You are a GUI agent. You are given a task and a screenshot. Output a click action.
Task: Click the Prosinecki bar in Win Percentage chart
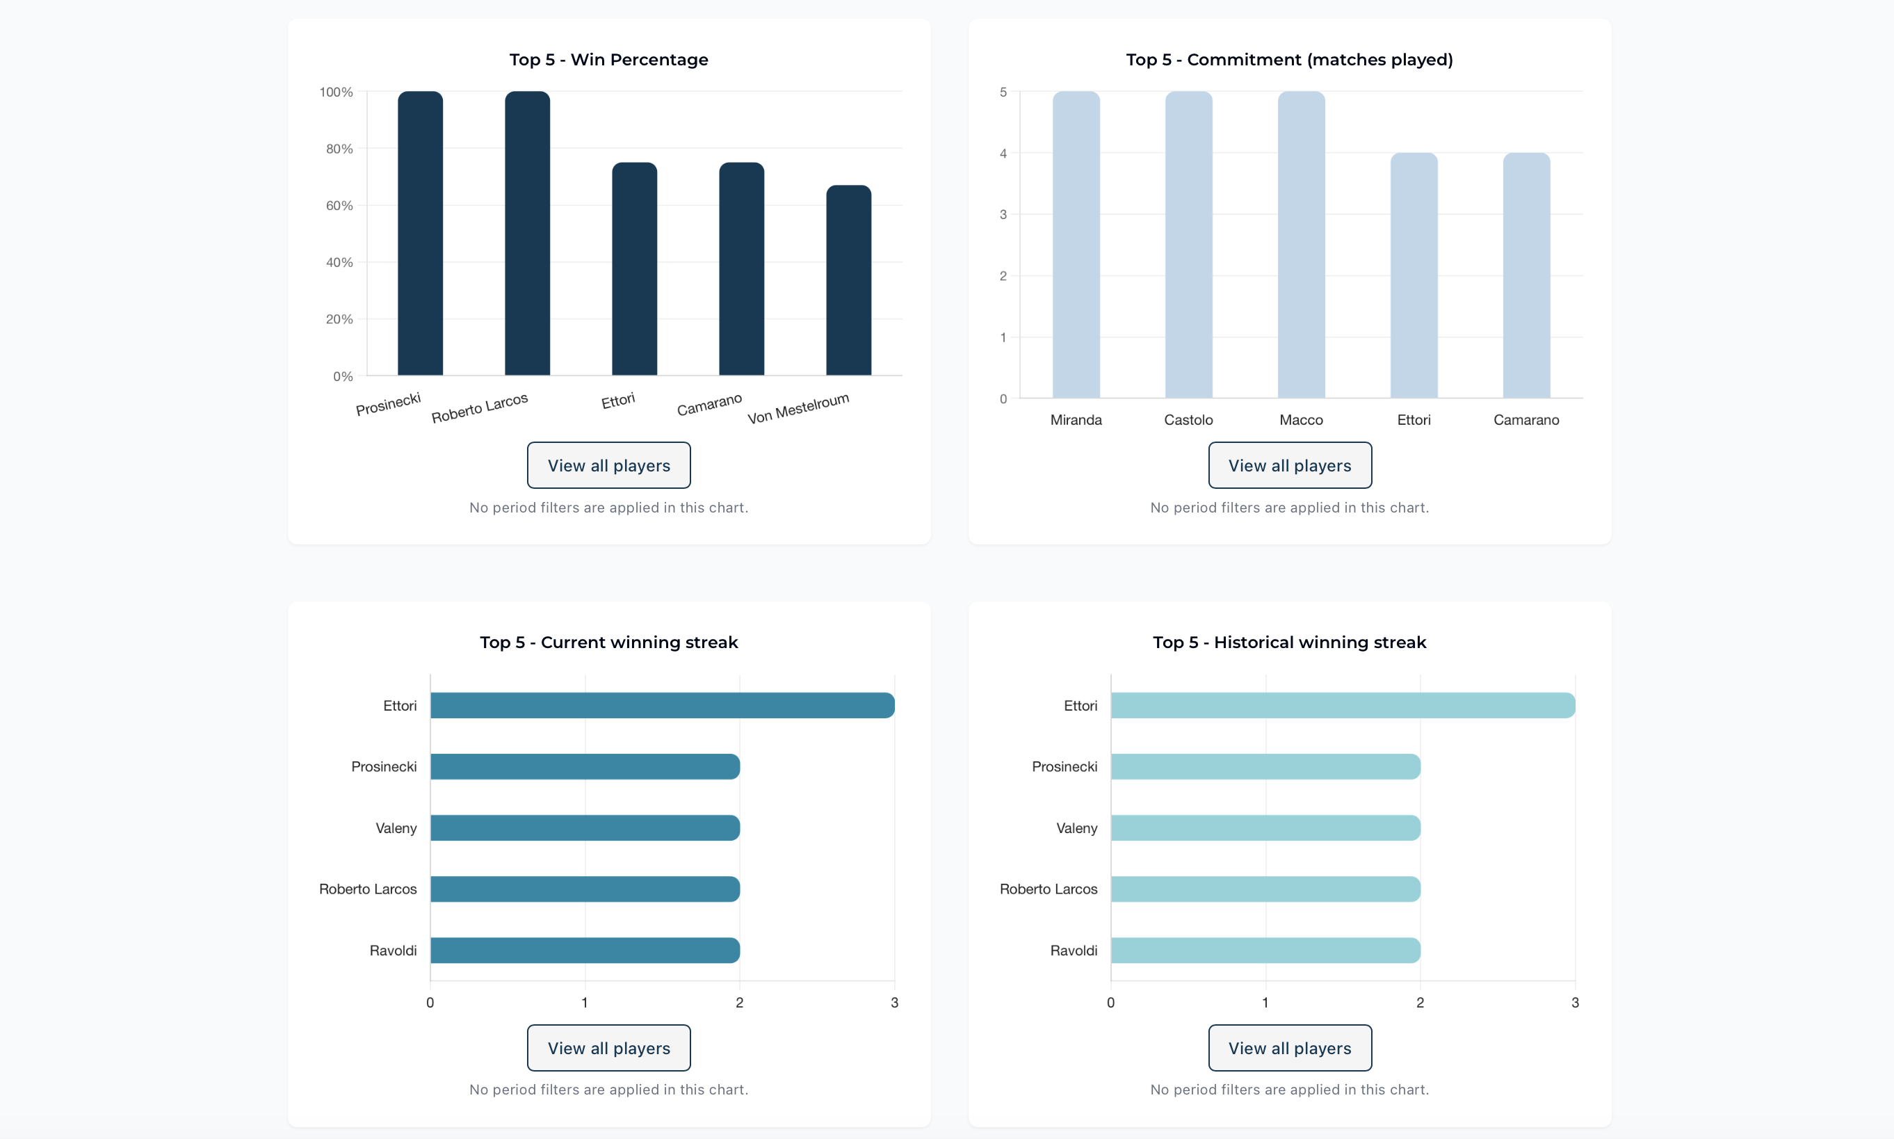[420, 234]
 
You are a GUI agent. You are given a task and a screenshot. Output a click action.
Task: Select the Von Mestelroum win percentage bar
[848, 280]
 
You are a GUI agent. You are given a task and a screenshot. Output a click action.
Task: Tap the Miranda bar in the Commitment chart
[1075, 245]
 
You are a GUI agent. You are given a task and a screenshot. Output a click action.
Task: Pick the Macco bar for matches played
[1301, 245]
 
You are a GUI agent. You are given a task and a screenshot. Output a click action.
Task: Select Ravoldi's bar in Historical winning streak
[1265, 950]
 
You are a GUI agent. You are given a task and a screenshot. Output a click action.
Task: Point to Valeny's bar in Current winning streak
[585, 827]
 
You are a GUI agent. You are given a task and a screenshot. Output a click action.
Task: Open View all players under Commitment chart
[1289, 465]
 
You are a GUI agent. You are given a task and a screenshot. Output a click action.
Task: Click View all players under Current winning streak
[608, 1048]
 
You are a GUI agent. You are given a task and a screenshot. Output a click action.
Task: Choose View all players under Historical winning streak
[1289, 1048]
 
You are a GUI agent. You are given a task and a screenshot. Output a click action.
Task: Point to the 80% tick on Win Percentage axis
[339, 149]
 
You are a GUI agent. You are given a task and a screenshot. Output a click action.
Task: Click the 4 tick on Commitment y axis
[1003, 154]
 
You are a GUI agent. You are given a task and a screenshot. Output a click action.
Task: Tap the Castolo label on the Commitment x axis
[1188, 420]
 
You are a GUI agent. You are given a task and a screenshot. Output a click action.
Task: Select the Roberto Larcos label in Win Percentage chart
[480, 408]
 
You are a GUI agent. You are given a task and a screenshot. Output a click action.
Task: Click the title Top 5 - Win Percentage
[608, 60]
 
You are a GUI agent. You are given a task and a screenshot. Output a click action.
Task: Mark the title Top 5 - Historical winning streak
[1289, 643]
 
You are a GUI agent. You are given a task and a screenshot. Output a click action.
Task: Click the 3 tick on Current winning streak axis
[894, 1003]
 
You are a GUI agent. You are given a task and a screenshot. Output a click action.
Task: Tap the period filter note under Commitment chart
[1289, 508]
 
